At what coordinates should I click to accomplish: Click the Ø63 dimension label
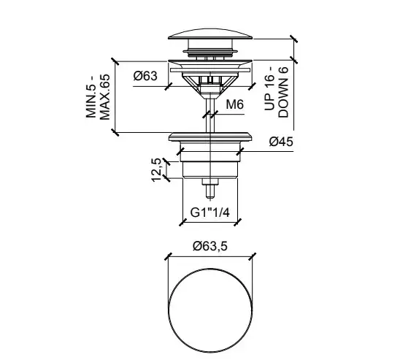coord(145,76)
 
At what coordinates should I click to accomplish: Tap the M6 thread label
coord(235,104)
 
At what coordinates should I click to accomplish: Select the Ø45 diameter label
coord(281,142)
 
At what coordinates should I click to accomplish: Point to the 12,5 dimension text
coord(156,170)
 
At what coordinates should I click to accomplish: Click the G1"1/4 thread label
coord(210,212)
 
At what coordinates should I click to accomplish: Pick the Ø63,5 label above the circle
coord(210,246)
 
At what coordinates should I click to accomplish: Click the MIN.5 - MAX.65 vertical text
coord(98,96)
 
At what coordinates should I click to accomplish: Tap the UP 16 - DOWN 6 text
coord(276,92)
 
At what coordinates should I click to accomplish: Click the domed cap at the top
coord(210,35)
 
